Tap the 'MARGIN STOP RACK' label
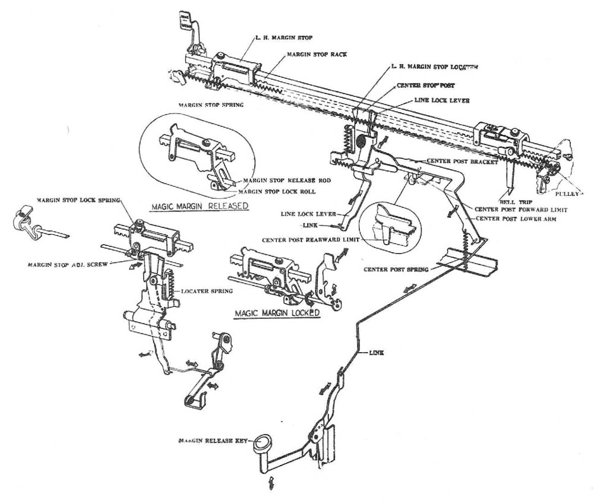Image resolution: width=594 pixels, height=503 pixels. point(317,54)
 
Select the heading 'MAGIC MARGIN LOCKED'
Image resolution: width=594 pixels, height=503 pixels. point(277,312)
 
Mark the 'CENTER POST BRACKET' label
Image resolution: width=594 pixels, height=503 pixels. point(463,162)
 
